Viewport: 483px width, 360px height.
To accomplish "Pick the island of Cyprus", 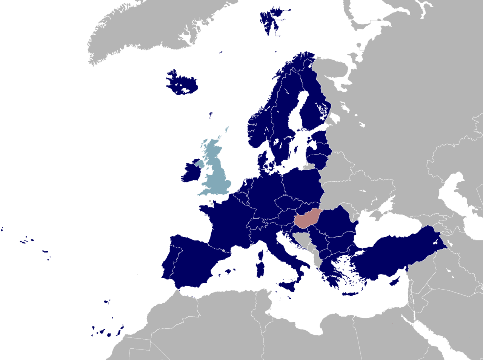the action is tap(394, 281).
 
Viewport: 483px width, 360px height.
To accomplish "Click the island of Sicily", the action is tap(289, 285).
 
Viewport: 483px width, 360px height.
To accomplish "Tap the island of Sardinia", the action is tap(260, 269).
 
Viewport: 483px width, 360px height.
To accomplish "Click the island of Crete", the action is tap(350, 294).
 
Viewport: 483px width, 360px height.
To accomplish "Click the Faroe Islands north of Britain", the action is tap(211, 115).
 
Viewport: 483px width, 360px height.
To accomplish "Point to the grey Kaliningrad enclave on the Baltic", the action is tap(309, 166).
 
